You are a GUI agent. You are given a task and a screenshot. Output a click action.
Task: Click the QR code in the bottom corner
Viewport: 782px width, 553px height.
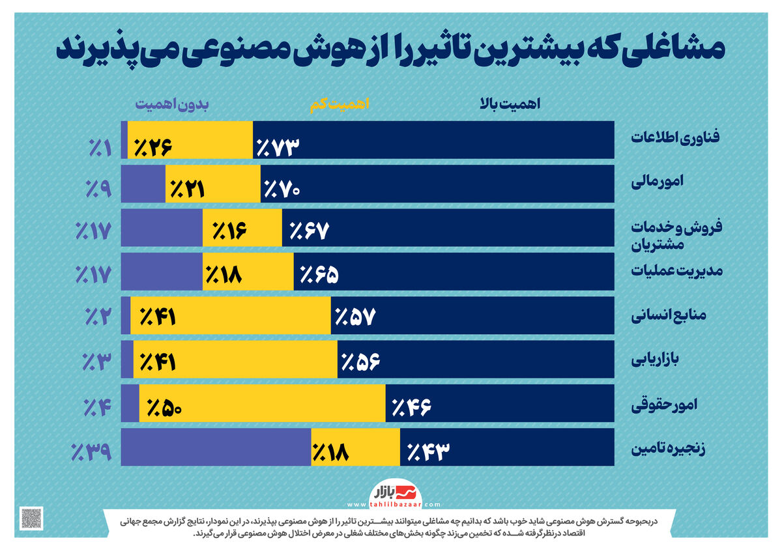(x=31, y=518)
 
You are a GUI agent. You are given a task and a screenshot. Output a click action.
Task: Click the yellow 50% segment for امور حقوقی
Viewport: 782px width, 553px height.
(x=261, y=403)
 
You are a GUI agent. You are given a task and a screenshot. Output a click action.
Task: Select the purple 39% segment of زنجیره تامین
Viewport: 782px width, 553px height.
(x=215, y=447)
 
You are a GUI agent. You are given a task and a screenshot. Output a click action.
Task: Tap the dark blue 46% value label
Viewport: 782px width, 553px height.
(x=412, y=408)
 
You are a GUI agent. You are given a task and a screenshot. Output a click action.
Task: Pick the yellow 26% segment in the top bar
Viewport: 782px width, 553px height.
(x=189, y=139)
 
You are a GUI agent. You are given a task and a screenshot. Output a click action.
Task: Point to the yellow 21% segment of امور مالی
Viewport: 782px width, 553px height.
(x=212, y=184)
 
